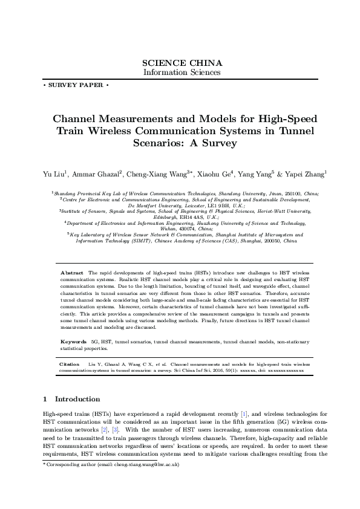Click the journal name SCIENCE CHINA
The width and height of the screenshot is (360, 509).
click(x=182, y=63)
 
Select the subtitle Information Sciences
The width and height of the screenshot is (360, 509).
click(x=182, y=72)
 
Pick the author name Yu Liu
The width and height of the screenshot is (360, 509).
click(x=50, y=175)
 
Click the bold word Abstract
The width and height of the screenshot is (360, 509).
click(x=73, y=273)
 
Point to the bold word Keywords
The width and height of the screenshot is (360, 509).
click(x=74, y=342)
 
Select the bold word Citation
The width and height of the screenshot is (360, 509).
click(x=70, y=365)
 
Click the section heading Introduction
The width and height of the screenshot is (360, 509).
click(x=77, y=399)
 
